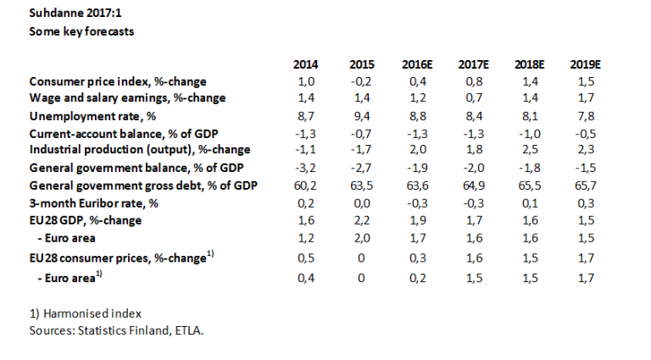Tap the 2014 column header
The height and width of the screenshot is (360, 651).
click(x=306, y=65)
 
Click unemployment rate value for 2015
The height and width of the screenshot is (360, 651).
click(x=362, y=115)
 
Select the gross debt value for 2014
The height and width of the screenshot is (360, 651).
click(x=306, y=184)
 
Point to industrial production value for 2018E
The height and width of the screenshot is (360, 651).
click(x=528, y=150)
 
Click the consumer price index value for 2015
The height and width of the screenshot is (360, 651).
click(x=362, y=81)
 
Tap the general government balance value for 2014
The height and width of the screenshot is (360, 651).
click(x=306, y=167)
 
